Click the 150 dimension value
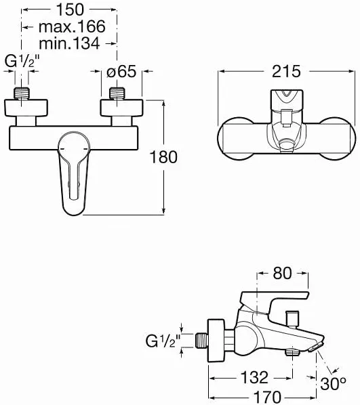71,9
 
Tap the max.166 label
72,26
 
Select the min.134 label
69,43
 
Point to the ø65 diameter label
121,71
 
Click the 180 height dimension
163,156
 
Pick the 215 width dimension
286,71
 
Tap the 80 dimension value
282,273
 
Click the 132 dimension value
254,377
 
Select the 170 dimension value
266,397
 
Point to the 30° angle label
333,383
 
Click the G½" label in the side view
163,341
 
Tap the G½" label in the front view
22,62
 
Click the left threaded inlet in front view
22,93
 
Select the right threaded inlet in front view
117,93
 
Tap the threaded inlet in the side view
202,341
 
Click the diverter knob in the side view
292,320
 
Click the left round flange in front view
26,108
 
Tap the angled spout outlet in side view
316,346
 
